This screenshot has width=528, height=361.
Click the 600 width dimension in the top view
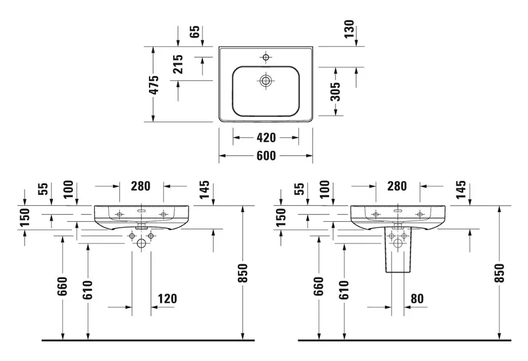[266, 155]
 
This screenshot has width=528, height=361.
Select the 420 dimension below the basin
[266, 138]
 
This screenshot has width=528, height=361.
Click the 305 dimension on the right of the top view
[335, 91]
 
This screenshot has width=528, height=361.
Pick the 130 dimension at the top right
[350, 29]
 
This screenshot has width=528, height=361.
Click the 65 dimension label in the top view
[195, 32]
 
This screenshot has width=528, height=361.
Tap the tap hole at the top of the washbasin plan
[265, 57]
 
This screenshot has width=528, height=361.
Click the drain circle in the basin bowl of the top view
[265, 81]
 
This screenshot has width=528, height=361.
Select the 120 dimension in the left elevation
[167, 298]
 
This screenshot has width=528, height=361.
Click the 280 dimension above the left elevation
[140, 186]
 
